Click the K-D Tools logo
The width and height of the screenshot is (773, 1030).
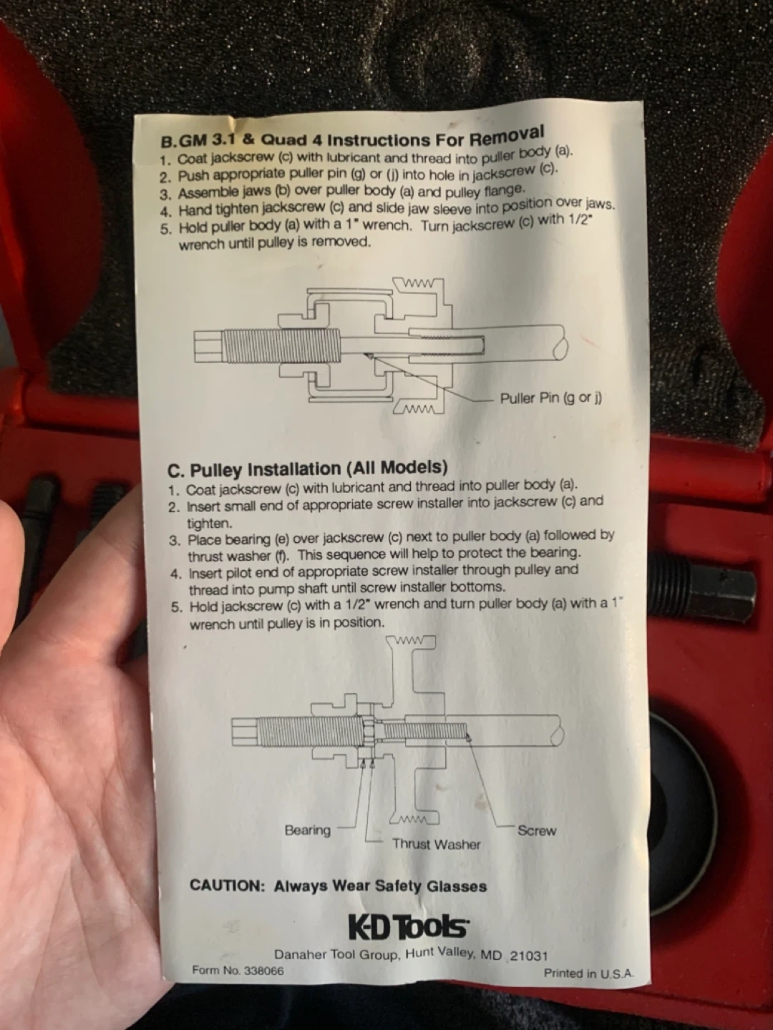pyautogui.click(x=408, y=927)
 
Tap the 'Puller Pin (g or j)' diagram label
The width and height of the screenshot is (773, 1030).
pyautogui.click(x=551, y=398)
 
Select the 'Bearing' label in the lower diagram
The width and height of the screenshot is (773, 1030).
pyautogui.click(x=308, y=830)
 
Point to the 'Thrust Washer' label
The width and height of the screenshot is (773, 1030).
pyautogui.click(x=437, y=844)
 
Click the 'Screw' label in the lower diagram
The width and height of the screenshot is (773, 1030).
pyautogui.click(x=537, y=830)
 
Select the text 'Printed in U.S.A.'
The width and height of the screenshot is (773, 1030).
pyautogui.click(x=589, y=973)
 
